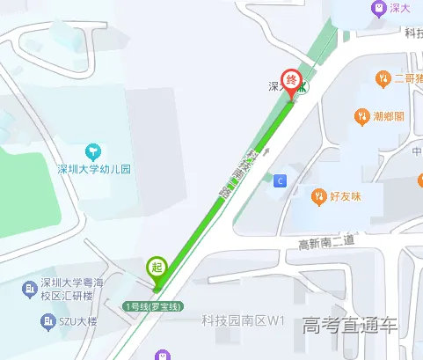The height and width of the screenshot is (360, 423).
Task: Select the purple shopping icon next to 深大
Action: (x=378, y=8)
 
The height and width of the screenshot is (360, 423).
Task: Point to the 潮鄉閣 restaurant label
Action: (x=388, y=116)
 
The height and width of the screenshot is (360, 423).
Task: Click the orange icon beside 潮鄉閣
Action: (x=361, y=116)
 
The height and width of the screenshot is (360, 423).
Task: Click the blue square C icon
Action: (x=281, y=180)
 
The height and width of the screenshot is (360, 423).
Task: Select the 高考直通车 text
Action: (x=349, y=325)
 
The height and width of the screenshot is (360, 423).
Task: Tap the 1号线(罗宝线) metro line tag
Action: (x=153, y=306)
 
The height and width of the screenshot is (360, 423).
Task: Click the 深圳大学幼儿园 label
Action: (x=93, y=170)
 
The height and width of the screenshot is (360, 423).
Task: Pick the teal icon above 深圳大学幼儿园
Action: (x=93, y=151)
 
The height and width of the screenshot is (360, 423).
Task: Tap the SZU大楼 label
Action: (x=78, y=322)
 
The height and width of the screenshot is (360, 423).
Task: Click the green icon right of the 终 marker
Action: (x=302, y=88)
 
